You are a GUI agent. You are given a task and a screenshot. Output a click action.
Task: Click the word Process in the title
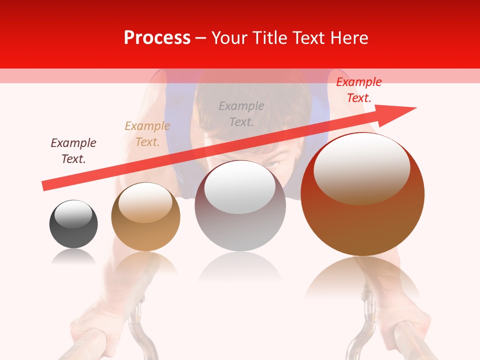(x=157, y=38)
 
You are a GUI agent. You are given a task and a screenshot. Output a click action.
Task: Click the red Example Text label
(x=358, y=90)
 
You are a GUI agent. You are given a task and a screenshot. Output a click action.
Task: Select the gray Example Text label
(x=241, y=113)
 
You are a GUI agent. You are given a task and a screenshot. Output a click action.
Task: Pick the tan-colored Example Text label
(x=147, y=133)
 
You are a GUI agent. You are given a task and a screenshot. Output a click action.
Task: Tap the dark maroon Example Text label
(x=73, y=150)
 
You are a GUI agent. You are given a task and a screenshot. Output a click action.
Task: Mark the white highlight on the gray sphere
(x=240, y=188)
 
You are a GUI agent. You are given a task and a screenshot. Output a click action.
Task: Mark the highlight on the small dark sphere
(x=73, y=214)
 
